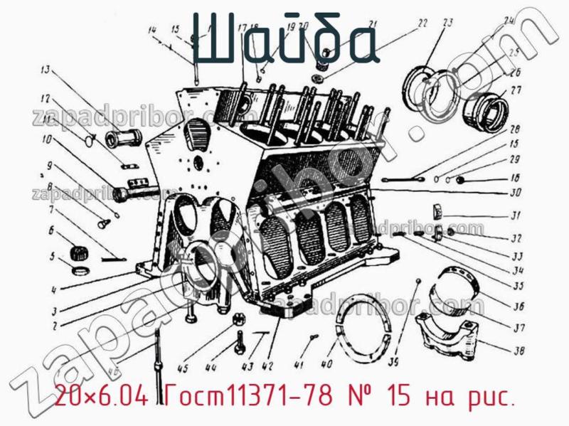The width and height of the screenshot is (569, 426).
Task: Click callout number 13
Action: pos(45,70)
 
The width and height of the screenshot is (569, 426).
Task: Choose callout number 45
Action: pos(183,368)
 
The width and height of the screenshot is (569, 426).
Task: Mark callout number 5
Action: pos(52,257)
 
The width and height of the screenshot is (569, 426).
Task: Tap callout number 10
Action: pos(47,139)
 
